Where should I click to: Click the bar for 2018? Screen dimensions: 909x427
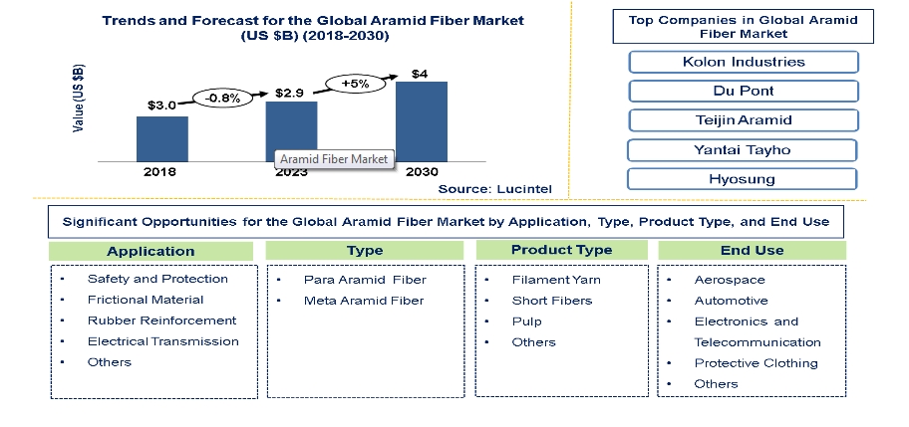pos(162,139)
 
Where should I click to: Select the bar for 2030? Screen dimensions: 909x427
pos(422,121)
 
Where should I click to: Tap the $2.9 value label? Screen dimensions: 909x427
pos(289,94)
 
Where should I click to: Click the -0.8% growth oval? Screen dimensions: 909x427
pos(223,99)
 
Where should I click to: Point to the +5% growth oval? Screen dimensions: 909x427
pos(356,84)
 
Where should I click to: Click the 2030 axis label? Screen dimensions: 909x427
pos(422,172)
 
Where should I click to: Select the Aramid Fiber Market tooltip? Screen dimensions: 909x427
pos(334,159)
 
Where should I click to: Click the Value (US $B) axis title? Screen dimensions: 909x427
pos(79,98)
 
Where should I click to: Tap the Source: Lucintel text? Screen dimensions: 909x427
pos(495,189)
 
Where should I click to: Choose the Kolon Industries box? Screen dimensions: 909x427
pos(744,62)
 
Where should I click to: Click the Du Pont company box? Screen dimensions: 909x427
pos(744,91)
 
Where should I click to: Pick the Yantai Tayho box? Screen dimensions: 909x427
pos(742,150)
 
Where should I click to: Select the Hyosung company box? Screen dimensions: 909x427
pos(742,179)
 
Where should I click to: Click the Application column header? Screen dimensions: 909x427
pos(151,251)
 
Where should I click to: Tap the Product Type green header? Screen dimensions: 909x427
pos(562,250)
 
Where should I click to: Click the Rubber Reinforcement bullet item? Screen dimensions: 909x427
pos(161,320)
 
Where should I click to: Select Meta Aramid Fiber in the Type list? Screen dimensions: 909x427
pos(364,301)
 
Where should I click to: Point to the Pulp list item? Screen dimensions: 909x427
pos(526,321)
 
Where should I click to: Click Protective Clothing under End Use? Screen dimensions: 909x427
pos(756,363)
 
